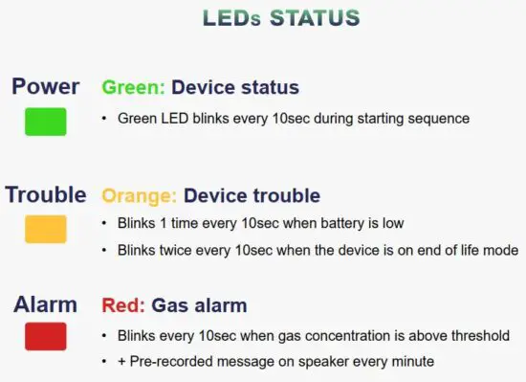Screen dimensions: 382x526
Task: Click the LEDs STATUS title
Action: (x=281, y=18)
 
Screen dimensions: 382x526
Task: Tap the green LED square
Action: (x=45, y=122)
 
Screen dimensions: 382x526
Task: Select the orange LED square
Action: (x=45, y=229)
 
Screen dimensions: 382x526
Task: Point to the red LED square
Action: (x=45, y=336)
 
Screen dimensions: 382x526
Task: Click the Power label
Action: (x=45, y=86)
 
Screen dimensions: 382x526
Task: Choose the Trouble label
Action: (x=46, y=194)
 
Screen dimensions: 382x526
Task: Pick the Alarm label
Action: (x=45, y=304)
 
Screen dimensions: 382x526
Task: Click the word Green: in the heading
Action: (x=134, y=87)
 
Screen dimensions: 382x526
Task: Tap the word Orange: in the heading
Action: (x=140, y=195)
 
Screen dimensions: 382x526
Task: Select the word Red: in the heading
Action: (x=122, y=305)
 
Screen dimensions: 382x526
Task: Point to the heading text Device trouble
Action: (x=252, y=195)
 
